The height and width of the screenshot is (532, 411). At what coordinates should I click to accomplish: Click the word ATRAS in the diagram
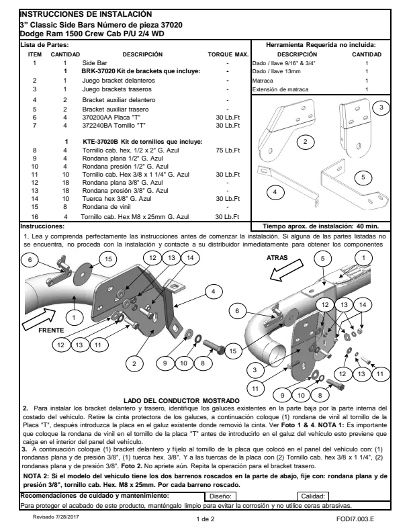pyautogui.click(x=277, y=258)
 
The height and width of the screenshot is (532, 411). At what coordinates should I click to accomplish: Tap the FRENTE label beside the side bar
pyautogui.click(x=51, y=330)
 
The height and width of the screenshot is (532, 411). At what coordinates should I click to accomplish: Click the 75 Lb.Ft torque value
pyautogui.click(x=228, y=150)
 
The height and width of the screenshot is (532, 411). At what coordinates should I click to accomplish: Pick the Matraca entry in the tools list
pyautogui.click(x=263, y=81)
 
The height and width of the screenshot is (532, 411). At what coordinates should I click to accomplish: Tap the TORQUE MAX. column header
pyautogui.click(x=228, y=54)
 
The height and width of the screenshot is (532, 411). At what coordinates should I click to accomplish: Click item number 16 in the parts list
pyautogui.click(x=35, y=217)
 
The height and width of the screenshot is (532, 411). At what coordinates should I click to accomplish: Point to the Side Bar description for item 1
pyautogui.click(x=95, y=62)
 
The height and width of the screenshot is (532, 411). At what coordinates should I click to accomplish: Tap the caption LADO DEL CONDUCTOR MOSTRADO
pyautogui.click(x=181, y=401)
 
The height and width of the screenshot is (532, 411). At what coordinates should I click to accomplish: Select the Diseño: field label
pyautogui.click(x=220, y=496)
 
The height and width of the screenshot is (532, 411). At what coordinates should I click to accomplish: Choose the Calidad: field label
pyautogui.click(x=313, y=496)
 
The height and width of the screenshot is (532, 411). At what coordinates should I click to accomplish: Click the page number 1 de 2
pyautogui.click(x=205, y=519)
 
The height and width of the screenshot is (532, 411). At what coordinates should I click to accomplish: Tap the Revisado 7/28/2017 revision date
pyautogui.click(x=56, y=517)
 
